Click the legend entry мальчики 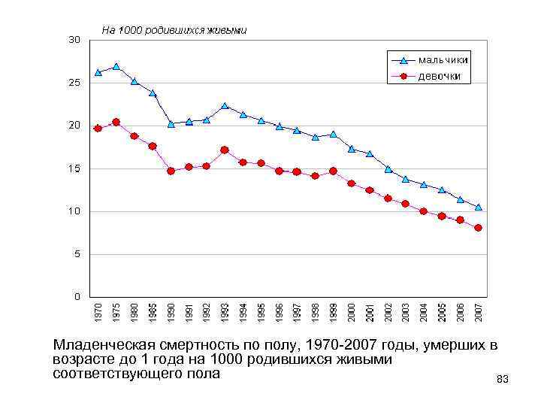[x=443, y=59]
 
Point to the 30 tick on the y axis [x=74, y=39]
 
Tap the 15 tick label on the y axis [x=74, y=169]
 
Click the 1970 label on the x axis [x=98, y=313]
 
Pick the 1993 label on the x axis [x=225, y=313]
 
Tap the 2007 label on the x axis [x=478, y=313]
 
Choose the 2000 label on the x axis [x=351, y=313]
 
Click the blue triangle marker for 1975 [x=116, y=66]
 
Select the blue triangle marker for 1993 [x=225, y=106]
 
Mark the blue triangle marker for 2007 [x=478, y=207]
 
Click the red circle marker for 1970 [x=98, y=129]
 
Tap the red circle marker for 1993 [x=225, y=150]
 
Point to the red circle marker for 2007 [x=478, y=228]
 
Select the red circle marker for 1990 [x=171, y=171]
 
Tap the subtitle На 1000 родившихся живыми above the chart [x=174, y=31]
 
